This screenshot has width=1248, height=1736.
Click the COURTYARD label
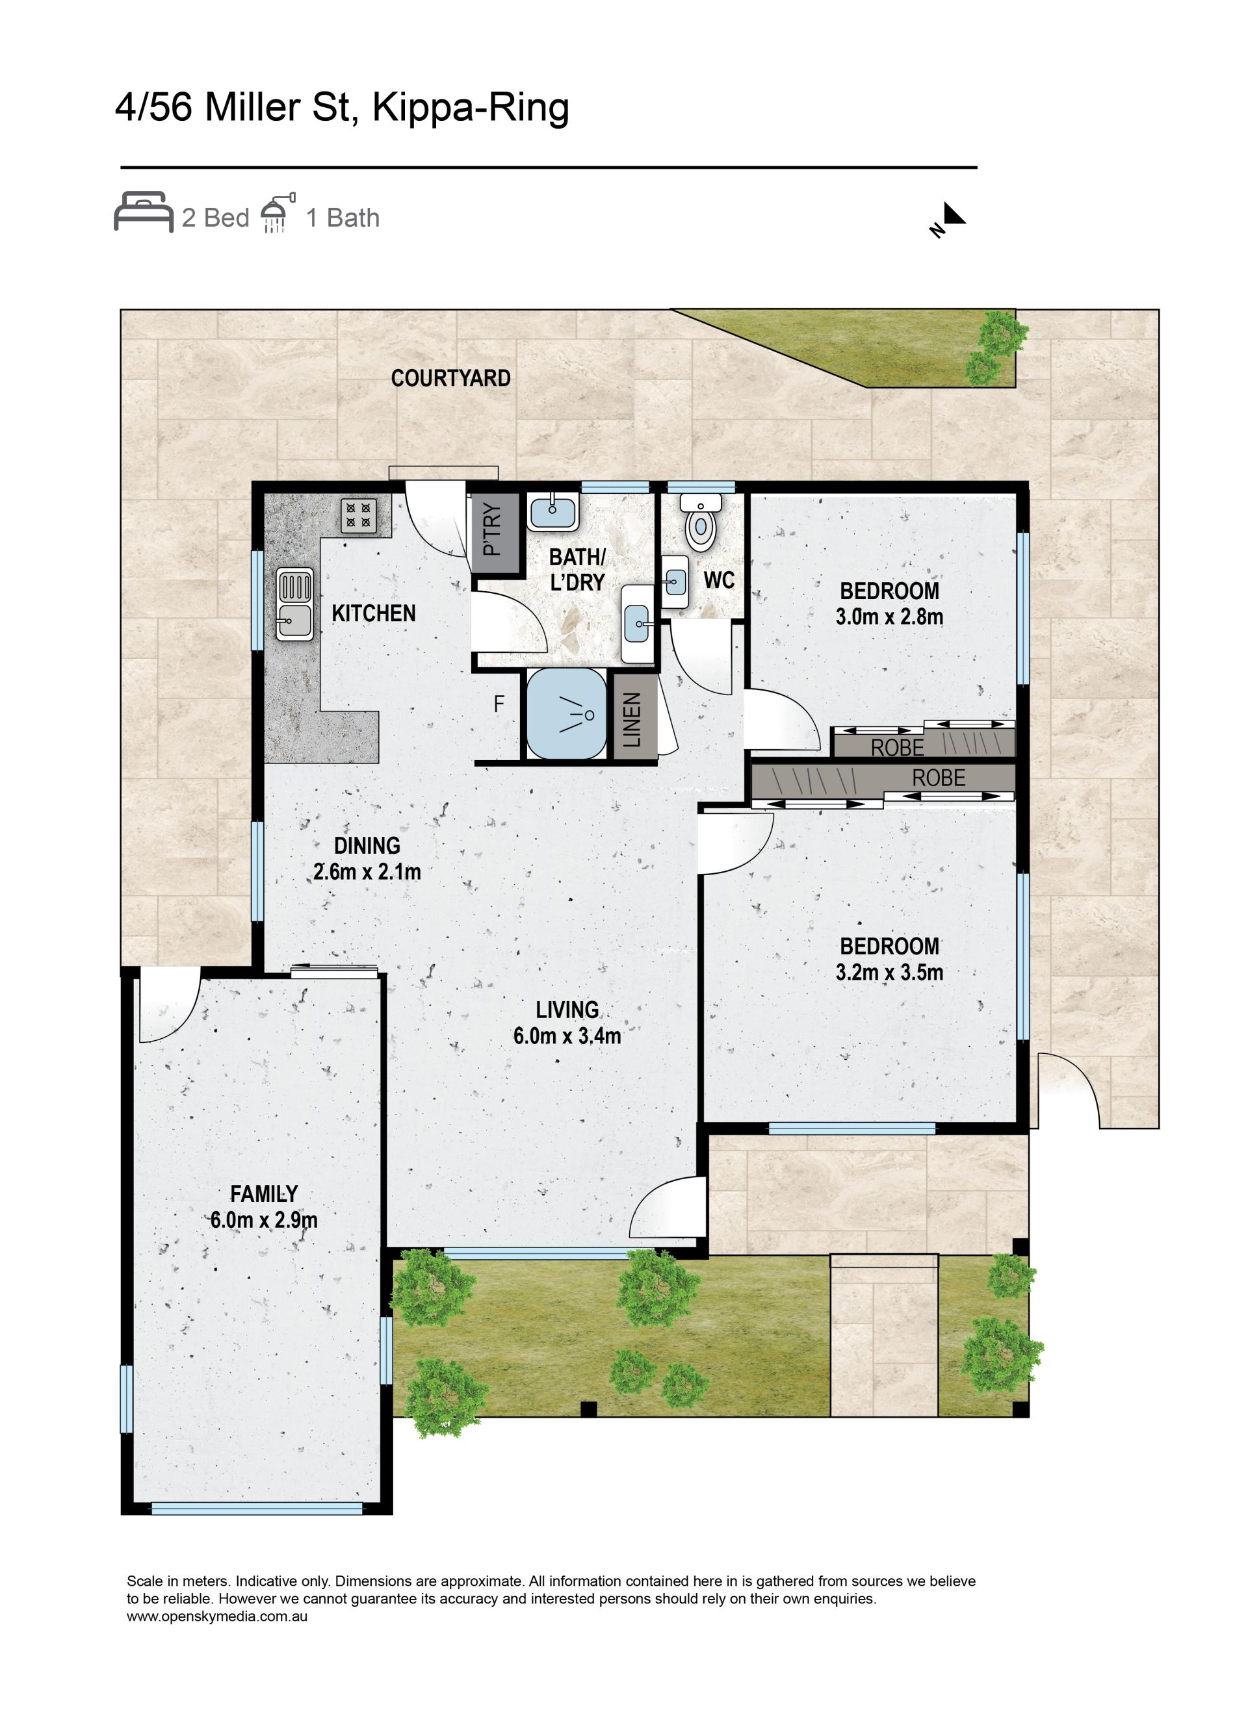point(450,378)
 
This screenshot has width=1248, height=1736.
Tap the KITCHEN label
point(374,613)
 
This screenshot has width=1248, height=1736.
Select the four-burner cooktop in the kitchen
point(359,516)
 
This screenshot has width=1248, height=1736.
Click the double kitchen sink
point(294,605)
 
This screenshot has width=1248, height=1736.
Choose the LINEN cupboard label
point(632,719)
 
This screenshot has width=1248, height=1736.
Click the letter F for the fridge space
point(499,704)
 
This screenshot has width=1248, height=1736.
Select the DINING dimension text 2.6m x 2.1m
point(367,871)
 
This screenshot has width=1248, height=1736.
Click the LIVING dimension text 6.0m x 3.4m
point(567,1036)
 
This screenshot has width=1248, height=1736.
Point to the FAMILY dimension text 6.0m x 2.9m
point(264,1220)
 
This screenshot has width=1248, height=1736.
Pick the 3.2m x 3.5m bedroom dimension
point(889,972)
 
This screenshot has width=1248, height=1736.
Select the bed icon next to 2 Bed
point(143,211)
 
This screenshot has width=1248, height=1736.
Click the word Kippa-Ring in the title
point(470,108)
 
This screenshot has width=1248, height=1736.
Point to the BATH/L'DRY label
point(577,570)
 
